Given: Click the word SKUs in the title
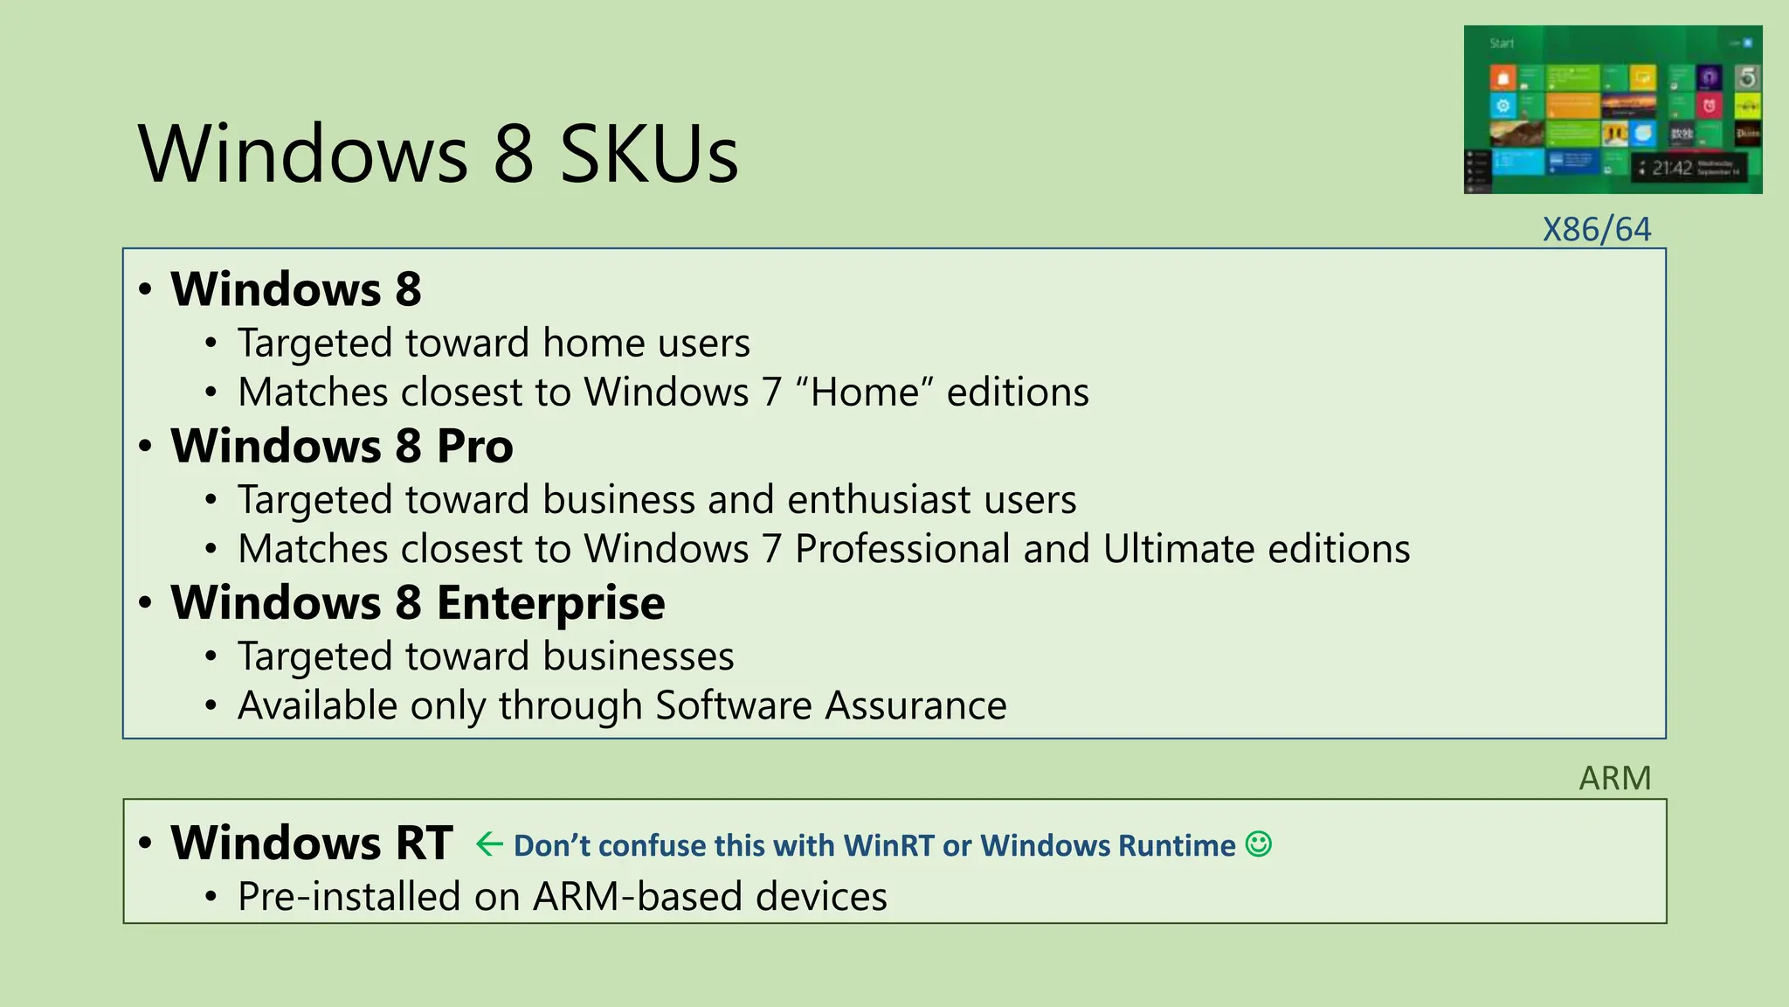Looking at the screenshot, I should [x=649, y=155].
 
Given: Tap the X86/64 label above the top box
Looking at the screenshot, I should [x=1596, y=230].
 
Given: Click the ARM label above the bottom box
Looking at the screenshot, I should [x=1614, y=778].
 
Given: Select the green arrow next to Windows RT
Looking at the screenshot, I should [x=489, y=844].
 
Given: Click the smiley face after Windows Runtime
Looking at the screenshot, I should [x=1258, y=844].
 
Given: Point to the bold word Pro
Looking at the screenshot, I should [x=474, y=447].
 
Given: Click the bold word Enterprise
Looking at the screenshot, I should [x=550, y=603].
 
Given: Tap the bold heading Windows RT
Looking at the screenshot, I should [x=311, y=844].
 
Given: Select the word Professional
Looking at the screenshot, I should [x=902, y=550].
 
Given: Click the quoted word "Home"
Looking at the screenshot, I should [x=864, y=392].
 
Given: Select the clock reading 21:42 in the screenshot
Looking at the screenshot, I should [x=1671, y=168].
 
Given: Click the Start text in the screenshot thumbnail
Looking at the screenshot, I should [x=1502, y=44].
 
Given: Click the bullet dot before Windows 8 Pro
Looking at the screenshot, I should [x=146, y=447].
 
